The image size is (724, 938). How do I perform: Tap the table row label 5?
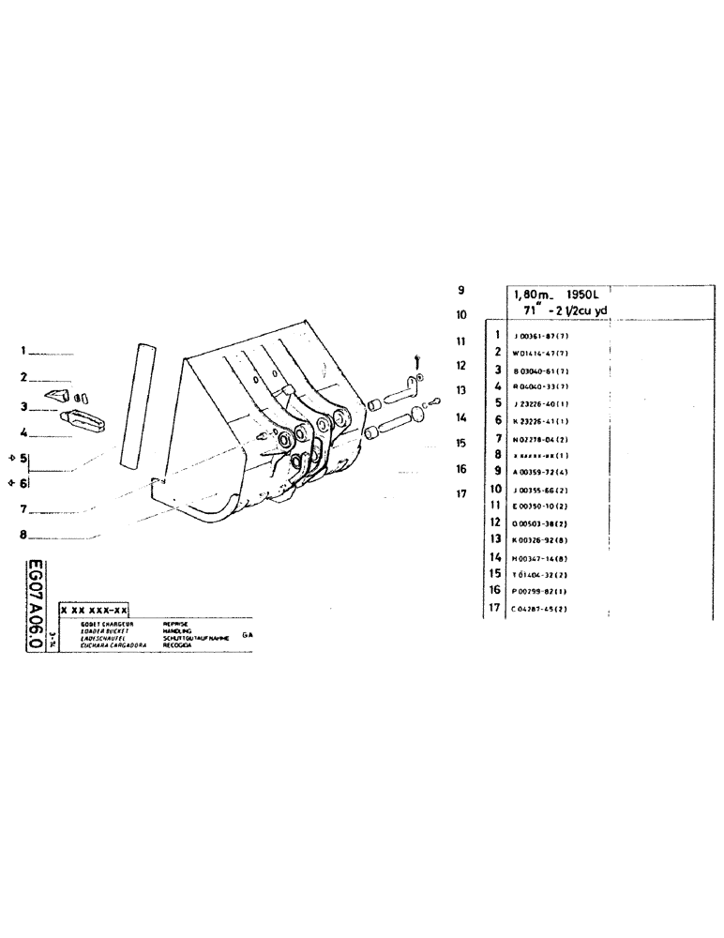click(499, 402)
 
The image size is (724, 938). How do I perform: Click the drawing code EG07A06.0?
click(37, 608)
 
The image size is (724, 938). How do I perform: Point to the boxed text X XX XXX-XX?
click(93, 609)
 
